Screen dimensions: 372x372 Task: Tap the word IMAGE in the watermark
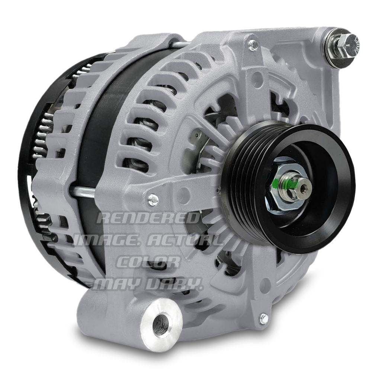[107, 240]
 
